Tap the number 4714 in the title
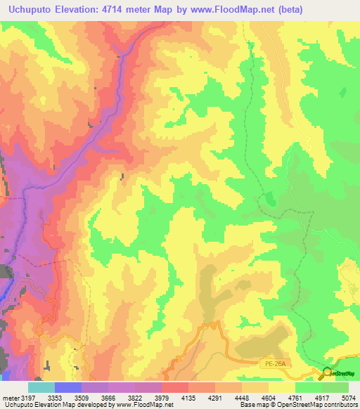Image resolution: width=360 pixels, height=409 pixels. tap(130, 10)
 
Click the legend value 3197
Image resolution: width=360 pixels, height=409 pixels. tap(27, 398)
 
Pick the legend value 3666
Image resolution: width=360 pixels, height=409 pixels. tap(109, 398)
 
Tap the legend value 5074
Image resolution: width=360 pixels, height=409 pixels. tap(347, 398)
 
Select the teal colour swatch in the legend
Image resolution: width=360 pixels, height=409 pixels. tap(41, 387)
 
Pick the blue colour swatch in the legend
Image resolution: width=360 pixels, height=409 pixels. tap(68, 387)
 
